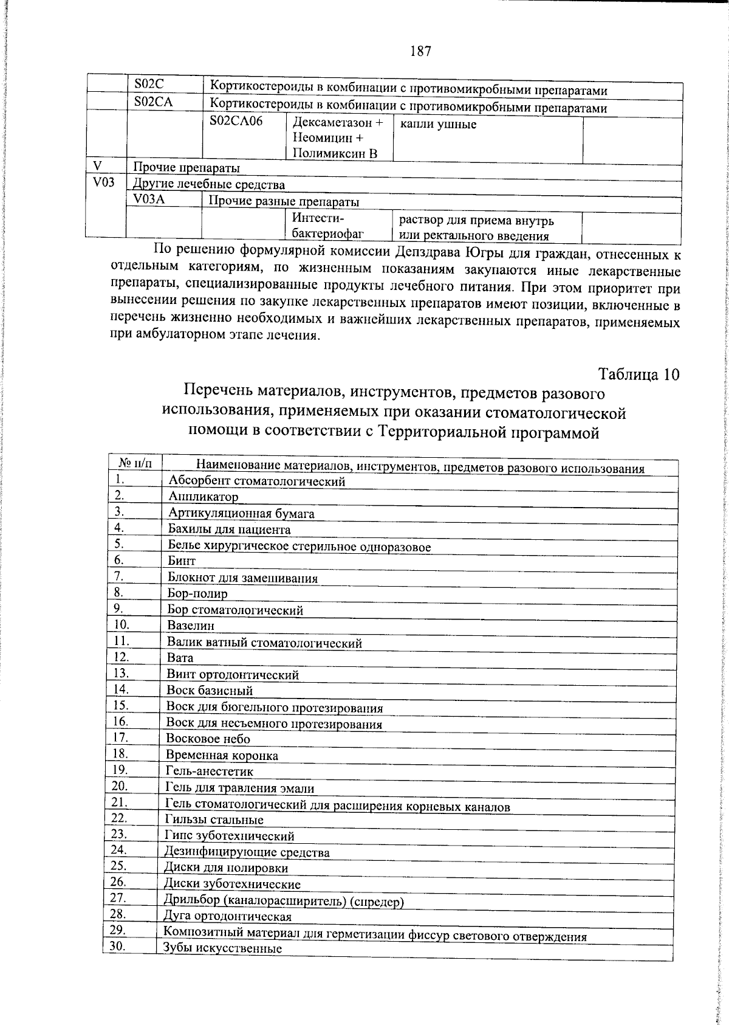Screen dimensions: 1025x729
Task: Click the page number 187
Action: point(420,52)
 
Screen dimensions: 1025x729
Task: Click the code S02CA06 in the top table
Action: point(236,122)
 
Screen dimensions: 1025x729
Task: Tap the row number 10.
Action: point(121,624)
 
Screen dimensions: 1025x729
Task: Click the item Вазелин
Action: point(191,626)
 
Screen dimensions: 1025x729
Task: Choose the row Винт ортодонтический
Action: point(233,674)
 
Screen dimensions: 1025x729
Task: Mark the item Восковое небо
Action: point(208,739)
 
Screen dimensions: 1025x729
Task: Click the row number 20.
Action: point(119,785)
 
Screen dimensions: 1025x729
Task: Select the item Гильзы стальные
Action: point(214,820)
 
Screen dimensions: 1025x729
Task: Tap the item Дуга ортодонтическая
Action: point(227,916)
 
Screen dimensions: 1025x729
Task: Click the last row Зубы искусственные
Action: point(222,948)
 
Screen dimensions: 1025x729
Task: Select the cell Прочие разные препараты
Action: point(284,201)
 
